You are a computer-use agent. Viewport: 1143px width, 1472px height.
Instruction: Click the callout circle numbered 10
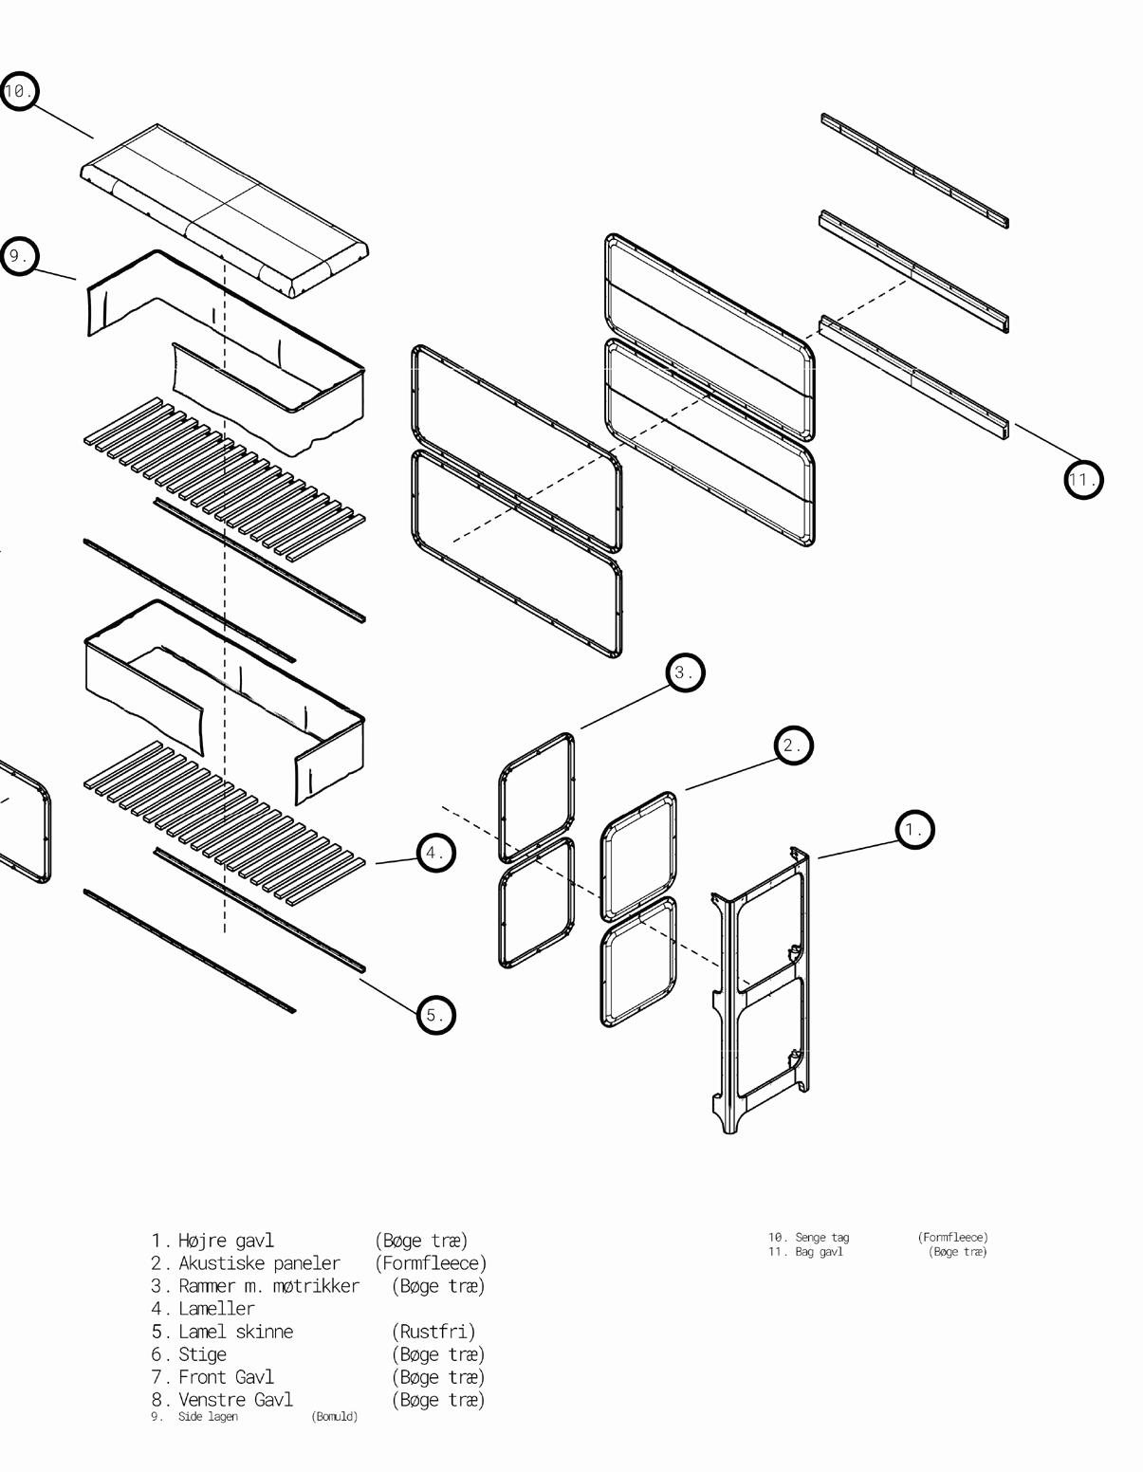[18, 91]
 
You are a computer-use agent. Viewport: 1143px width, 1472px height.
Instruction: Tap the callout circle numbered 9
[18, 256]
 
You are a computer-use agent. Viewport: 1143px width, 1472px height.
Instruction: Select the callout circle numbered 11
[1082, 479]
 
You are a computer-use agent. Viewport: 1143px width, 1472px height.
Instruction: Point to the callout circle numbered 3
[684, 672]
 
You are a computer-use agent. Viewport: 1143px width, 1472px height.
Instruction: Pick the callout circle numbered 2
[793, 745]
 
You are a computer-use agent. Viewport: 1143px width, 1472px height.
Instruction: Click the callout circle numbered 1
[914, 830]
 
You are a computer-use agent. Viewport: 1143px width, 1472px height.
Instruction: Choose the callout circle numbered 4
[435, 853]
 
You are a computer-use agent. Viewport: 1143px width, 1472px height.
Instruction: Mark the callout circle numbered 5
[435, 1015]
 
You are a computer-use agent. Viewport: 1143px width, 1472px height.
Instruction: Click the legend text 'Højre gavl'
[226, 1240]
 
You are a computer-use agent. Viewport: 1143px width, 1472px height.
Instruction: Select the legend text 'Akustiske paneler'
[259, 1262]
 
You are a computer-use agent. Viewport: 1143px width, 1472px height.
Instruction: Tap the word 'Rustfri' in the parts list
[433, 1332]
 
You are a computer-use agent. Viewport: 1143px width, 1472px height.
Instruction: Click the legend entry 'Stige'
[202, 1354]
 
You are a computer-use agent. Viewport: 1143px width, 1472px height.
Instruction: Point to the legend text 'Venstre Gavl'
[235, 1400]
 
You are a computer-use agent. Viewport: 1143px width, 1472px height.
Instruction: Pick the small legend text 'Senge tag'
[821, 1237]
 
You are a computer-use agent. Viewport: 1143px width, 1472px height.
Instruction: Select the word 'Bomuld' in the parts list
[335, 1416]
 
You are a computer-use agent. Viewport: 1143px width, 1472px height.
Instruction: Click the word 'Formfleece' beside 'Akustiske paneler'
[431, 1262]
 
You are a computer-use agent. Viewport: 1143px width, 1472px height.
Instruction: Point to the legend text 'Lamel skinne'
[235, 1332]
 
